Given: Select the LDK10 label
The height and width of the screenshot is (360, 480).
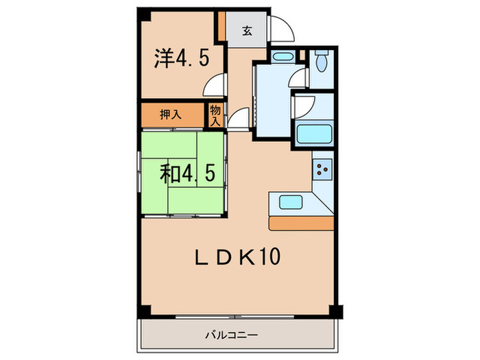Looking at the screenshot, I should point(237,259).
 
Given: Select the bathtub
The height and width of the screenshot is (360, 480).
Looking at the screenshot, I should point(315,134).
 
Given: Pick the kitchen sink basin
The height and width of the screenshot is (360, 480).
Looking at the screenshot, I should point(291,203).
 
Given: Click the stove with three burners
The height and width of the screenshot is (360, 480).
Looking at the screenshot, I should point(323,168).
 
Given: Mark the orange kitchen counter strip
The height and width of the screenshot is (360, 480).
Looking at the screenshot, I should point(302,223).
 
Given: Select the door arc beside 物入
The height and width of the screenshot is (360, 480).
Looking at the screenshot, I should point(237,119).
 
